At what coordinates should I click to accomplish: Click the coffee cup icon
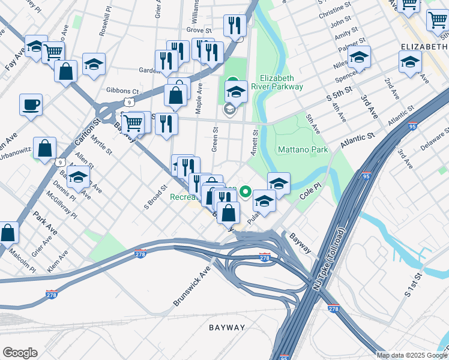[31, 106]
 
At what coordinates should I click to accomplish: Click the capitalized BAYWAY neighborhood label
[227, 328]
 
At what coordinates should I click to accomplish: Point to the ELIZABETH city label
[424, 46]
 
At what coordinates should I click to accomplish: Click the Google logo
[20, 353]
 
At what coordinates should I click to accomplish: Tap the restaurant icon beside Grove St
[234, 26]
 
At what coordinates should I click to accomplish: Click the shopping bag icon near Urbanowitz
[44, 148]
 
